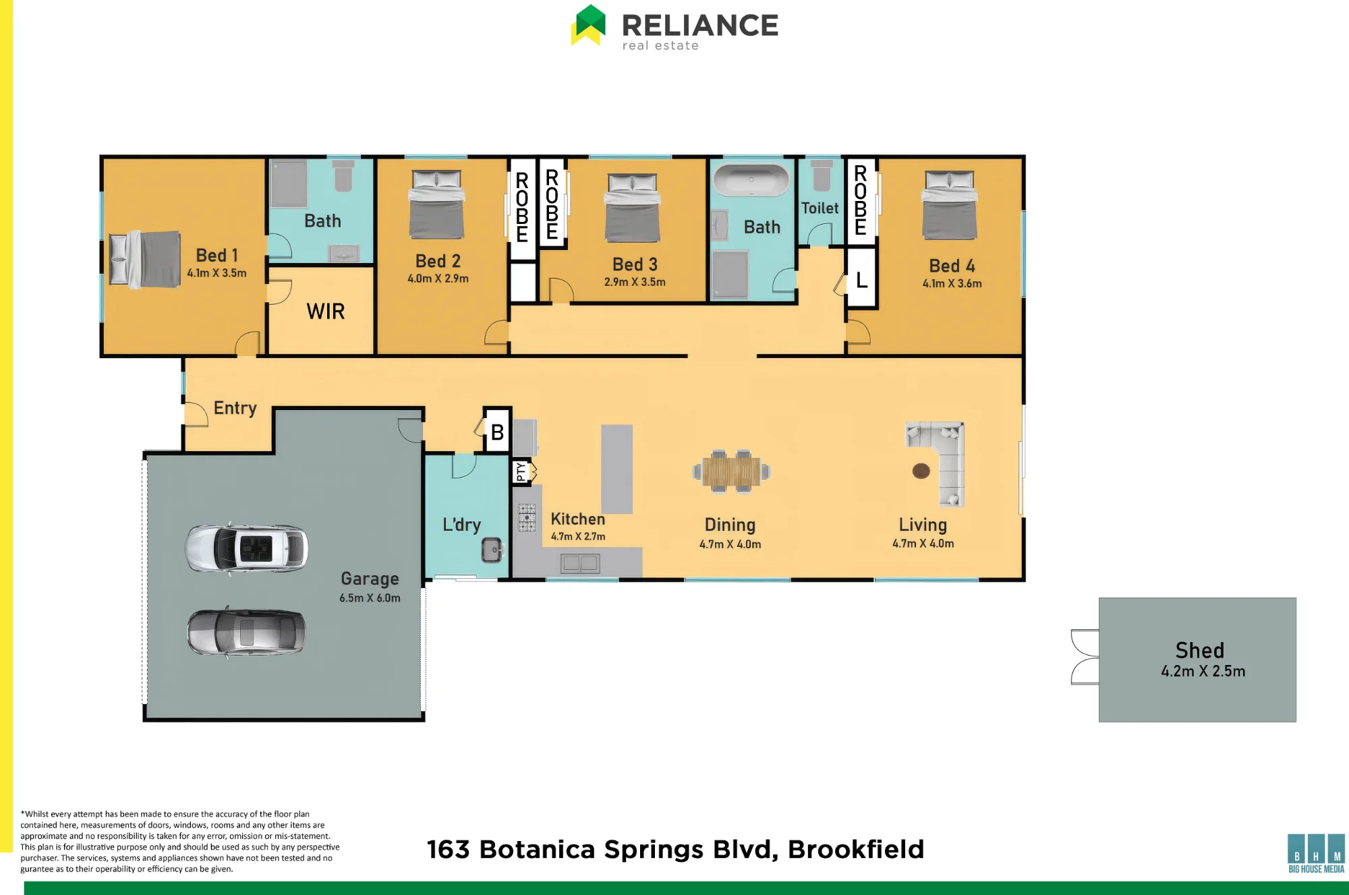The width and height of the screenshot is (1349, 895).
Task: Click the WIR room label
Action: point(326,312)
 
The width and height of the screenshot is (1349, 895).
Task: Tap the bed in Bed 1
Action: point(145,259)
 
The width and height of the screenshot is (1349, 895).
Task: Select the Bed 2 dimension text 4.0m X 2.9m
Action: point(438,279)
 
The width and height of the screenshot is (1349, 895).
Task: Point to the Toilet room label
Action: point(820,208)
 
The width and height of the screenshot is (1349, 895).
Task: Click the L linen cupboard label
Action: point(861,280)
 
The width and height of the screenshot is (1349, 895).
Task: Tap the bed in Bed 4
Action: point(950,205)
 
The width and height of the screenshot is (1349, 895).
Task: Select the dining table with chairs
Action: point(731,471)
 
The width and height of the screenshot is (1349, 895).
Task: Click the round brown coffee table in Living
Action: point(921,471)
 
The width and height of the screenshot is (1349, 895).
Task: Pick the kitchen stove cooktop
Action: point(527,517)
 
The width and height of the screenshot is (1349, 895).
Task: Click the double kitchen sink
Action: point(581,563)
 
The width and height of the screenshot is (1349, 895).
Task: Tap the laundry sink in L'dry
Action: point(492,550)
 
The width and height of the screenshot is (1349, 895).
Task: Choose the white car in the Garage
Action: point(247,548)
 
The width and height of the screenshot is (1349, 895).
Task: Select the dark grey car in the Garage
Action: point(246,632)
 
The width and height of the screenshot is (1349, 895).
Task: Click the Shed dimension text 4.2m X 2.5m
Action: point(1203,672)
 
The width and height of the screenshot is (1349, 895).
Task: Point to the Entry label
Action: point(235,409)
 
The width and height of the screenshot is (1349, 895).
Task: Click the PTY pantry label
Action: point(521,471)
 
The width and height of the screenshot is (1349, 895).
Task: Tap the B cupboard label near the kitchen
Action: point(498,433)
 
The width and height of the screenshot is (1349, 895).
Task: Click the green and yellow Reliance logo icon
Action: point(588,25)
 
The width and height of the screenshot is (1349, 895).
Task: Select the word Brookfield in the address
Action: point(856,850)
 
